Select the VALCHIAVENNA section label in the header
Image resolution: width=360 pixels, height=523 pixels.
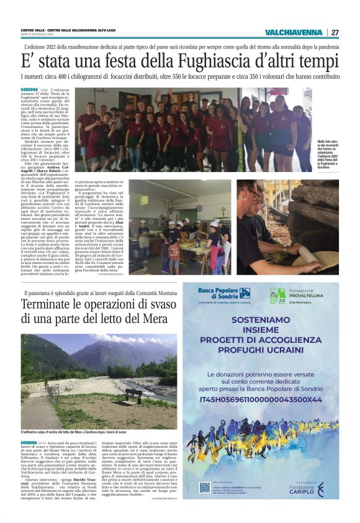click(x=293, y=32)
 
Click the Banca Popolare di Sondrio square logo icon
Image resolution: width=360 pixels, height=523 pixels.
click(x=245, y=293)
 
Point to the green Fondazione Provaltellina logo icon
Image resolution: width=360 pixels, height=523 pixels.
click(x=277, y=295)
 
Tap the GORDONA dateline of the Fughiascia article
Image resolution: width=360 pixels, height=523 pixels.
click(x=29, y=90)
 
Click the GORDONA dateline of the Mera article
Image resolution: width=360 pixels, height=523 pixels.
click(x=29, y=442)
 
